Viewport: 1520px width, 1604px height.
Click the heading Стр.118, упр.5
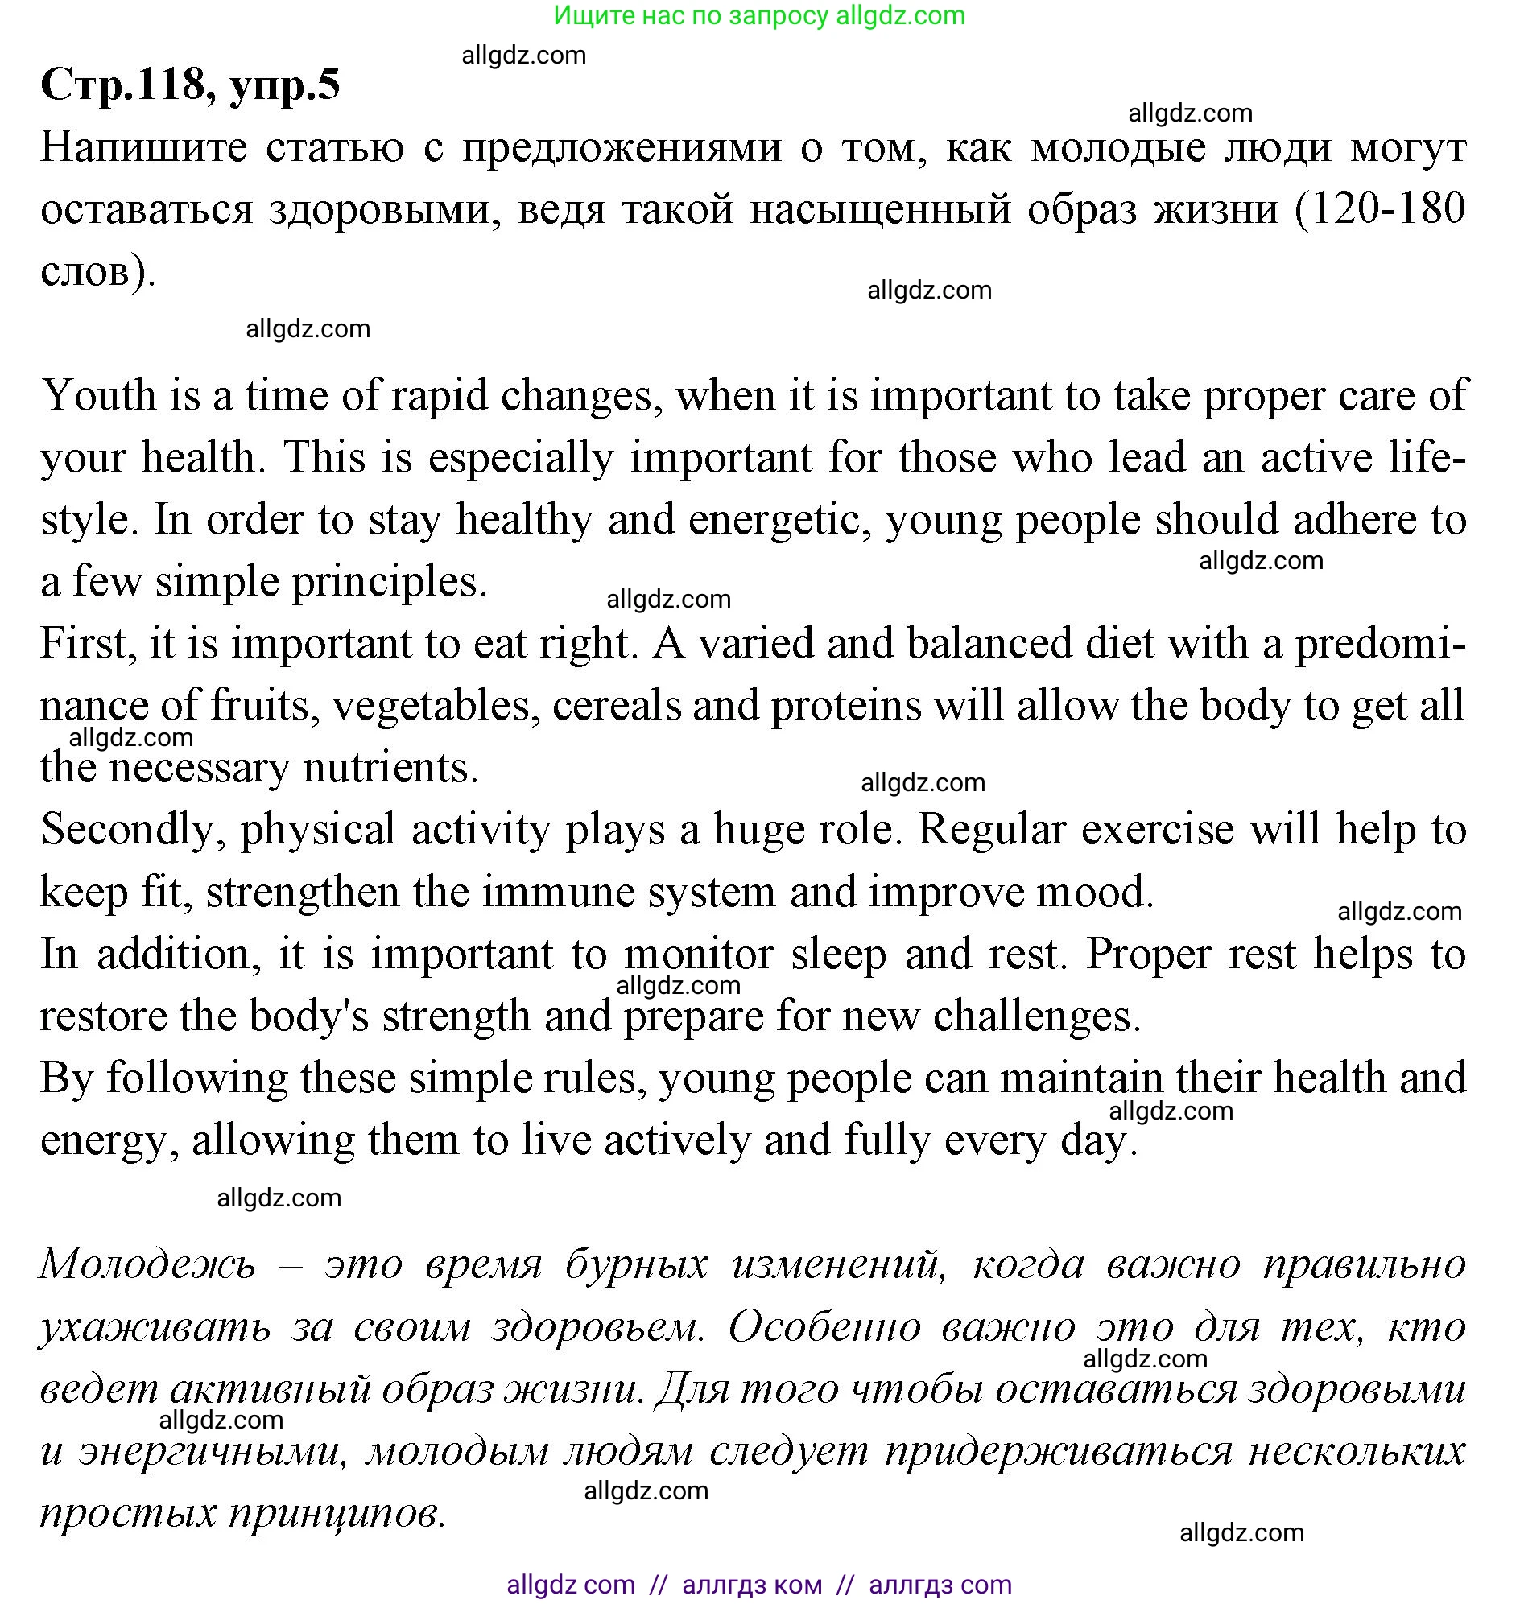click(x=191, y=85)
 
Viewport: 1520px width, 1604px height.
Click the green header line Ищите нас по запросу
click(x=759, y=15)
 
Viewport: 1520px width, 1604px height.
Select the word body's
click(x=308, y=1016)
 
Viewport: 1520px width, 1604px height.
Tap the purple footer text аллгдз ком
click(x=751, y=1584)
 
